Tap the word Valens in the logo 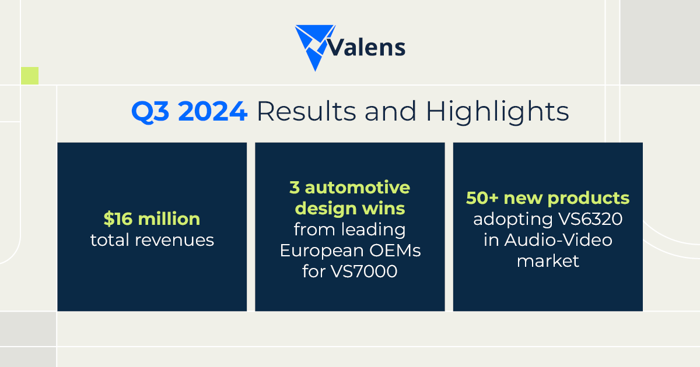click(x=366, y=47)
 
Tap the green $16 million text click(x=152, y=219)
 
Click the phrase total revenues click(x=152, y=239)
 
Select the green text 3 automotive click(x=349, y=188)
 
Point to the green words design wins click(x=349, y=209)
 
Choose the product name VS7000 click(x=366, y=271)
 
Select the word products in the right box click(x=589, y=198)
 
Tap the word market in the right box click(x=548, y=260)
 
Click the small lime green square click(x=30, y=76)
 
